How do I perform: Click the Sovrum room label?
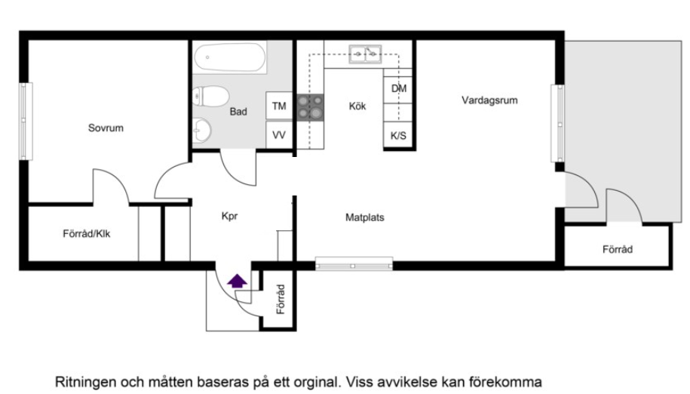106,128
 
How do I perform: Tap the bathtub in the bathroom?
230,57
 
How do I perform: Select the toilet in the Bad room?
210,96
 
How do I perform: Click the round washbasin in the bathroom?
202,131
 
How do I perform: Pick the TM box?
279,106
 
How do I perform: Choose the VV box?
279,134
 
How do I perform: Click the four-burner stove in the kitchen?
310,107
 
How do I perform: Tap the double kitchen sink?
365,54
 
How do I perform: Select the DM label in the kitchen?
399,88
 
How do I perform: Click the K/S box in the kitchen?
398,136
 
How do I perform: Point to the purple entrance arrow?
238,281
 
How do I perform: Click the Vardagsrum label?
489,100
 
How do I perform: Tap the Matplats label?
365,217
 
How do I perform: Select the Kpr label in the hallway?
230,216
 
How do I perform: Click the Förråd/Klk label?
86,234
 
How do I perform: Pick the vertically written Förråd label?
281,300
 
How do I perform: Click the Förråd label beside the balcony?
618,250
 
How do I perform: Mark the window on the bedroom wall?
26,121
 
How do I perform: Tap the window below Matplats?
354,263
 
